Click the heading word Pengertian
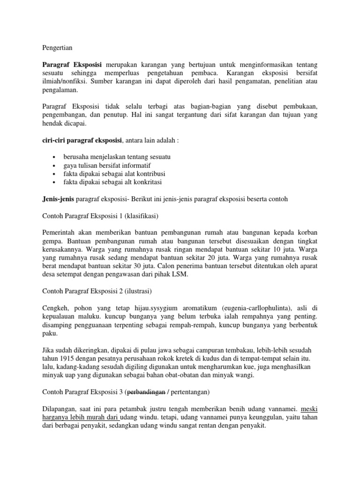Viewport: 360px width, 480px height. tap(57, 48)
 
